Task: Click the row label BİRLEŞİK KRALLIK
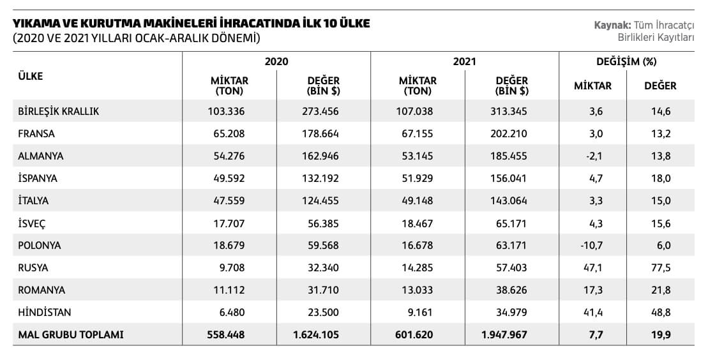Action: coord(59,111)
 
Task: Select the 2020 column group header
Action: coord(276,62)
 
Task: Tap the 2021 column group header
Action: coord(464,62)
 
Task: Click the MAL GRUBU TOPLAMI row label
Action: coord(71,334)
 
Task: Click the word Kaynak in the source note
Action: coord(611,25)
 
